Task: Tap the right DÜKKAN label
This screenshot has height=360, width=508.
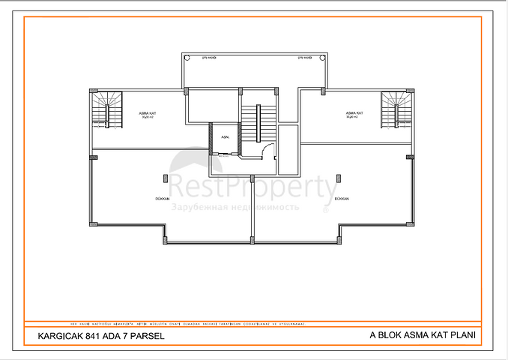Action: coord(342,199)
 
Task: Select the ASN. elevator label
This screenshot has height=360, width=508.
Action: coord(224,137)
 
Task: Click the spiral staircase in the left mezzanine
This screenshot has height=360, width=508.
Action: coord(108,109)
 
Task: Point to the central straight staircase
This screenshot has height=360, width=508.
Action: coord(258,120)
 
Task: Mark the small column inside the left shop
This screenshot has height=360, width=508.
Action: coord(165,178)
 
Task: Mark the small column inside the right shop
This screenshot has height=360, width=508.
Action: coord(339,178)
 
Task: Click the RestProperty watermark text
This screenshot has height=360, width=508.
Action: coord(251,187)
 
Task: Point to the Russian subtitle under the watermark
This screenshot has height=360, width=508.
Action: coord(235,205)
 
